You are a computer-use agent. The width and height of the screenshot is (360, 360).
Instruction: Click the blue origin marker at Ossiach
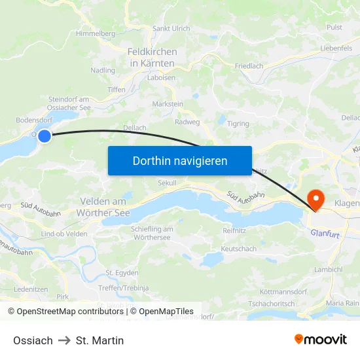45,136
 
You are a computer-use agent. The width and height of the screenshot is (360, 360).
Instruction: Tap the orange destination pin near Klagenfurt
315,198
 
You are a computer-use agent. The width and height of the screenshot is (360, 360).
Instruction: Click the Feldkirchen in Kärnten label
152,57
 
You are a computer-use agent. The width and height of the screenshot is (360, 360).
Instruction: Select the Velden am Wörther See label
104,207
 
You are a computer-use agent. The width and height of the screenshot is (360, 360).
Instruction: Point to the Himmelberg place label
96,33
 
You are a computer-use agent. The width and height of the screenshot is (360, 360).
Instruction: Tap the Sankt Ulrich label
171,29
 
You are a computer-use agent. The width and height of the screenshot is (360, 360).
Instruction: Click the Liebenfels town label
337,48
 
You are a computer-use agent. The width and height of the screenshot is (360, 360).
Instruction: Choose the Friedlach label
249,66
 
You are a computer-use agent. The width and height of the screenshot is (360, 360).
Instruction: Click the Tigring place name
238,123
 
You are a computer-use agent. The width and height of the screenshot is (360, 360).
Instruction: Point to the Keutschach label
239,249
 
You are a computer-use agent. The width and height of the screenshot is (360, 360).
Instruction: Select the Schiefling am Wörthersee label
152,233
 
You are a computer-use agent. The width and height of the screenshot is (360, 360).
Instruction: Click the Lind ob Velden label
64,234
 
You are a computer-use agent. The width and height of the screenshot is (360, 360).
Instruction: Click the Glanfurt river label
326,232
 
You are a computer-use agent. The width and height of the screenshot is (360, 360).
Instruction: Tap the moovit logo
321,339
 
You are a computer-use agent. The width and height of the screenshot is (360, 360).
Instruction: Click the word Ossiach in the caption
33,340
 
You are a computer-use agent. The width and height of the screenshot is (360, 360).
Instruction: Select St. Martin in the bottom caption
99,340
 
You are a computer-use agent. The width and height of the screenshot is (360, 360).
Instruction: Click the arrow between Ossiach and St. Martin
64,340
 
